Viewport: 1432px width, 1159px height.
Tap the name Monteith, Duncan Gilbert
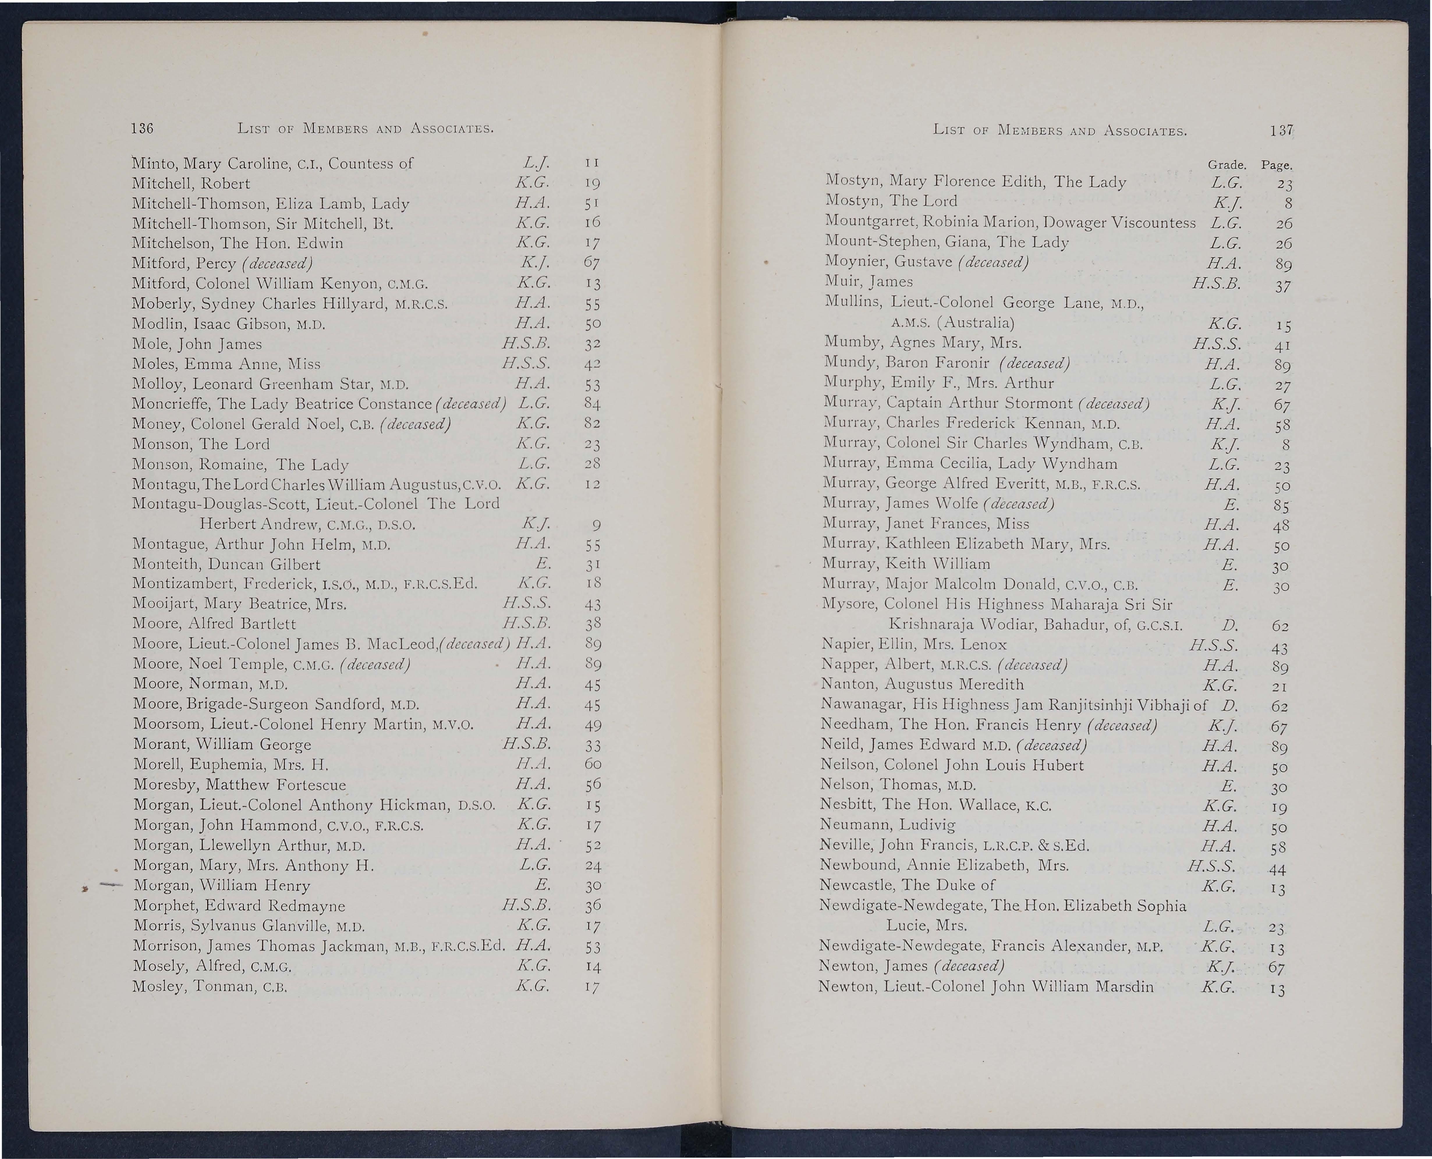click(x=226, y=564)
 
